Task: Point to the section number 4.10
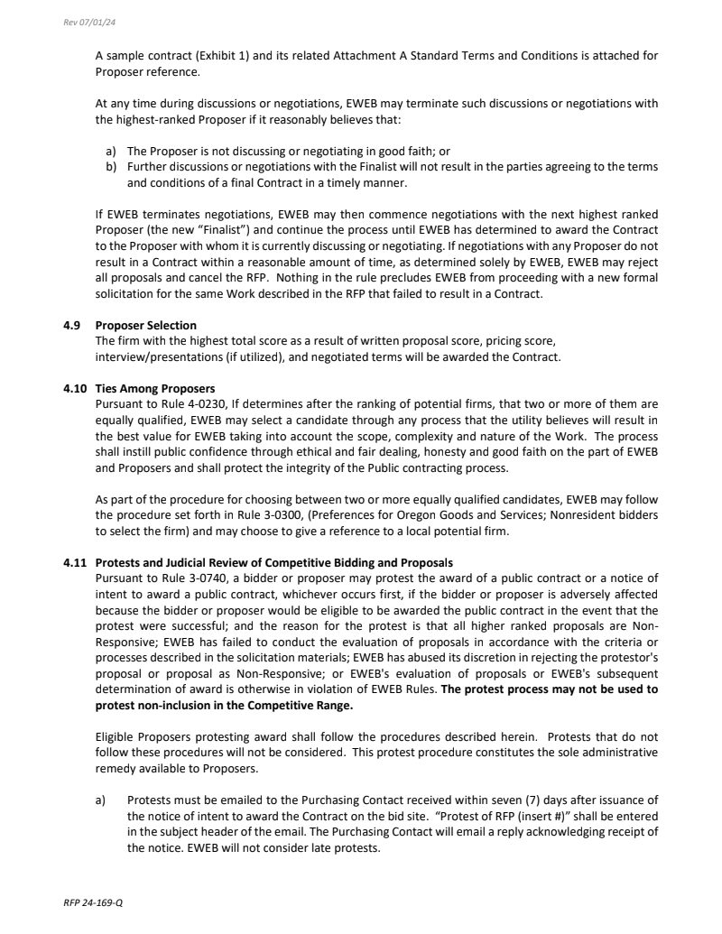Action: (x=76, y=389)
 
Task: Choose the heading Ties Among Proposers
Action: (x=155, y=389)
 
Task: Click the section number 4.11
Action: (x=76, y=563)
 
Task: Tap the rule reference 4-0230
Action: (x=195, y=403)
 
